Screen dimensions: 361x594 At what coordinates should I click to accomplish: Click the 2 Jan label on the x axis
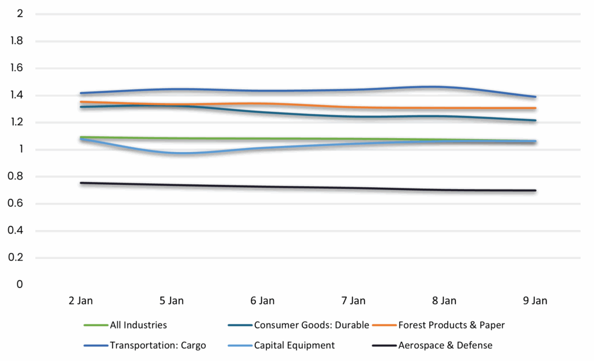[x=80, y=301]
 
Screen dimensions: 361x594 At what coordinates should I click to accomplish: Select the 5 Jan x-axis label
[x=171, y=301]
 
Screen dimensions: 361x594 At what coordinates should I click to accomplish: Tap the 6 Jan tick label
[x=262, y=301]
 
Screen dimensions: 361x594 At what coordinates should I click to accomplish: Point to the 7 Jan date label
[x=353, y=301]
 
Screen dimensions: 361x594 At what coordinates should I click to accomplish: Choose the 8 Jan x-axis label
[x=444, y=301]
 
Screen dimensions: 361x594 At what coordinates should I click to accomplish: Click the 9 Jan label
[x=535, y=301]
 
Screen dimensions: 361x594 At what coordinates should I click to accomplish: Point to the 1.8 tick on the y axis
[x=17, y=41]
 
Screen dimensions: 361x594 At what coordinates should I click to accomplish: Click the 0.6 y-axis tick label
[x=17, y=204]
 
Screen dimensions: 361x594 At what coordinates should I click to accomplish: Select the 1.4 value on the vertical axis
[x=17, y=96]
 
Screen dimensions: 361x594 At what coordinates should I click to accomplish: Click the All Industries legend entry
[x=138, y=325]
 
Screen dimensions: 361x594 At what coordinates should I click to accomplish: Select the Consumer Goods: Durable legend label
[x=311, y=325]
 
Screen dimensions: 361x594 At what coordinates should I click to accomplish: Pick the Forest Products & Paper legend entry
[x=451, y=325]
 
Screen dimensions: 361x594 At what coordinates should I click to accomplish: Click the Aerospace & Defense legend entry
[x=445, y=345]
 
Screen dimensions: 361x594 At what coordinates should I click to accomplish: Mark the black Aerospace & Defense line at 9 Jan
[x=535, y=191]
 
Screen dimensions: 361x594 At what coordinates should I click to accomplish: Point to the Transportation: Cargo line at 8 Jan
[x=444, y=87]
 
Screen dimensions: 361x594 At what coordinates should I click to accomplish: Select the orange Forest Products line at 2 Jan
[x=81, y=102]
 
